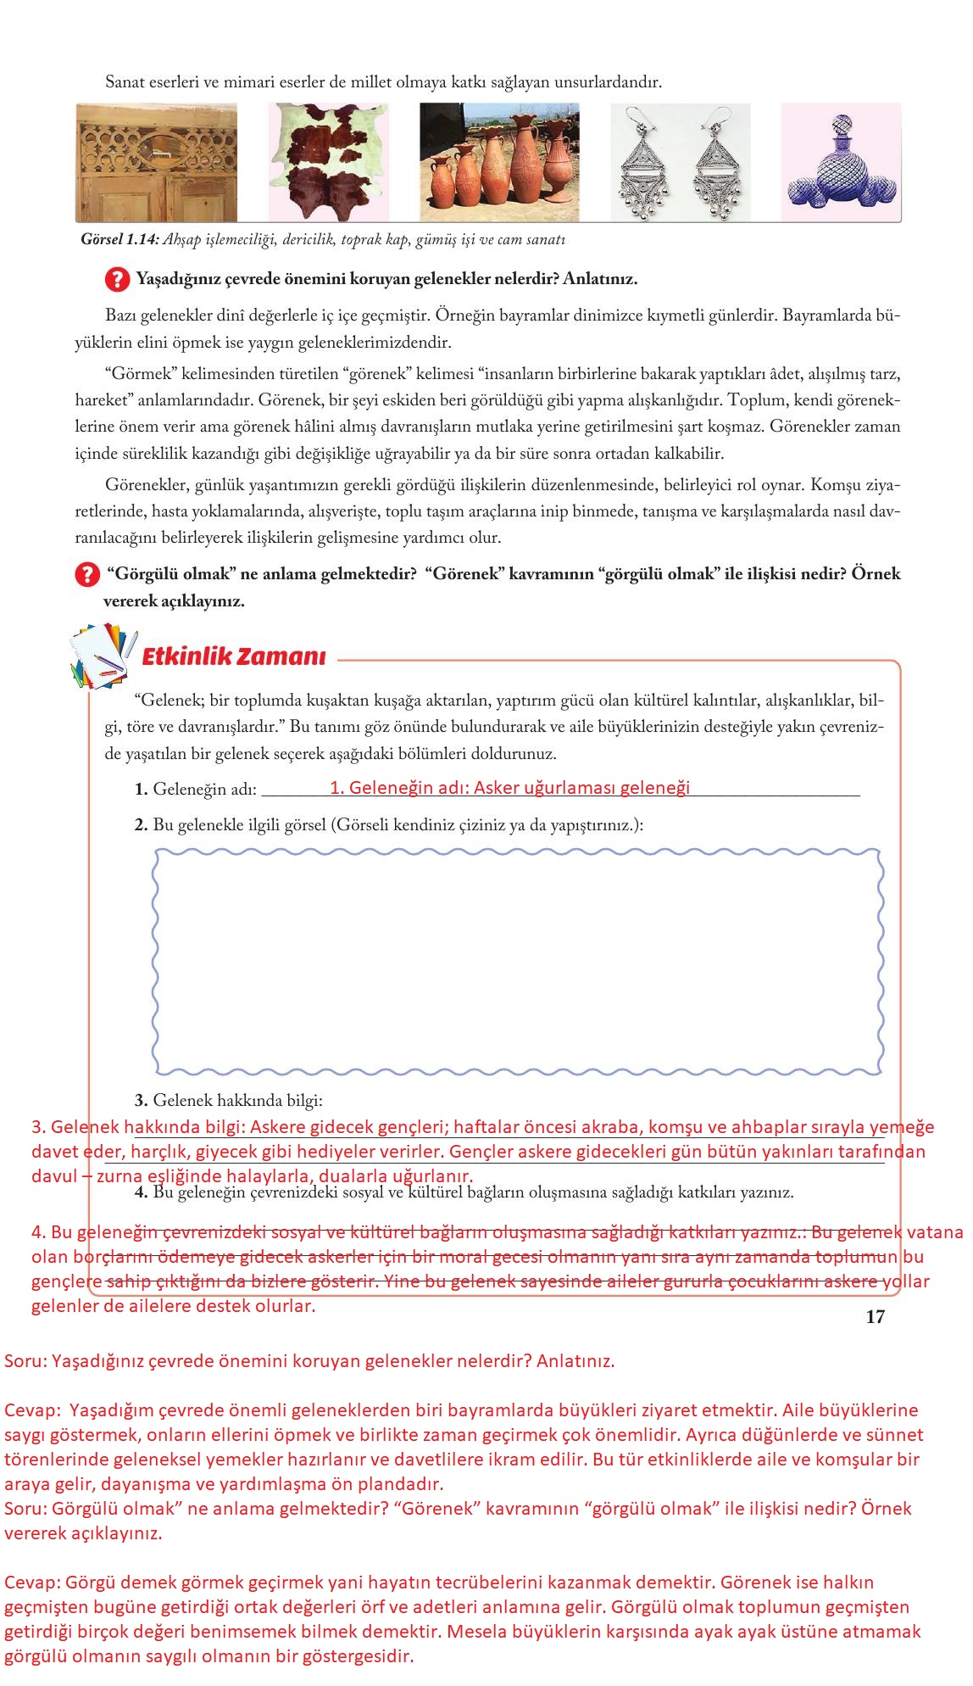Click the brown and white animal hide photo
pyautogui.click(x=330, y=161)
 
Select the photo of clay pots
pyautogui.click(x=499, y=161)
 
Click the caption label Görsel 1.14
pyautogui.click(x=120, y=240)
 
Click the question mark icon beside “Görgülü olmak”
pyautogui.click(x=86, y=575)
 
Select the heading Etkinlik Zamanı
pyautogui.click(x=234, y=657)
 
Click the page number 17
pyautogui.click(x=875, y=1316)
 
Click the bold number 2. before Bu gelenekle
pyautogui.click(x=142, y=824)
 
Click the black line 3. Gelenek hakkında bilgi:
pyautogui.click(x=229, y=1101)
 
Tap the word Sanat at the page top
pyautogui.click(x=123, y=82)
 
